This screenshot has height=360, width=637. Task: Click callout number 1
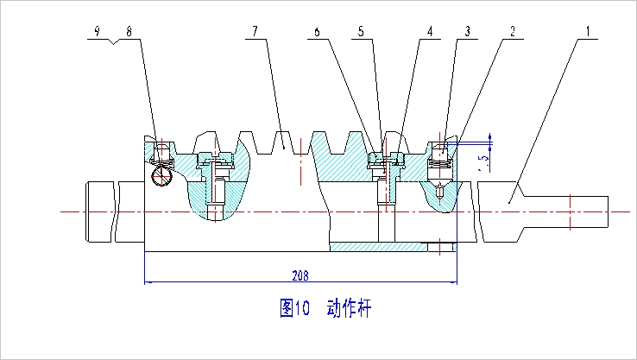pos(588,31)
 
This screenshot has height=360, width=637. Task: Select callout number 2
pos(513,31)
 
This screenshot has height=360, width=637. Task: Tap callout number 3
pos(468,31)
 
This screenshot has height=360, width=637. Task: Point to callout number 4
pos(430,31)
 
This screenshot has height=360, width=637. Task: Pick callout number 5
pos(361,31)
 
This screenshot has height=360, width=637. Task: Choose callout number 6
pos(317,31)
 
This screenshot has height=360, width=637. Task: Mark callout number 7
pos(255,31)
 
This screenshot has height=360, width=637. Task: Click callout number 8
pos(129,31)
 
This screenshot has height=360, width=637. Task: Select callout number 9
pos(97,31)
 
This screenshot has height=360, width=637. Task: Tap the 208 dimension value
pos(300,275)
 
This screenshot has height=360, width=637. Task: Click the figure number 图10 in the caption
pos(294,308)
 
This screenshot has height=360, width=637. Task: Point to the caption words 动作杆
pos(349,308)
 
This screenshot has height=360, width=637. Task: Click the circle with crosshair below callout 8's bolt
pos(161,176)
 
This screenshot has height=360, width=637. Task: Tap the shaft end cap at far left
pos(99,212)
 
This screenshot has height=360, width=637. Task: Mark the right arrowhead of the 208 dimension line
pos(453,281)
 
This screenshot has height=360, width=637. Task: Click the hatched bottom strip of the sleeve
pos(379,247)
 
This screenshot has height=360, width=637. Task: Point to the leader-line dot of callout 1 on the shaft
pos(509,202)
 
